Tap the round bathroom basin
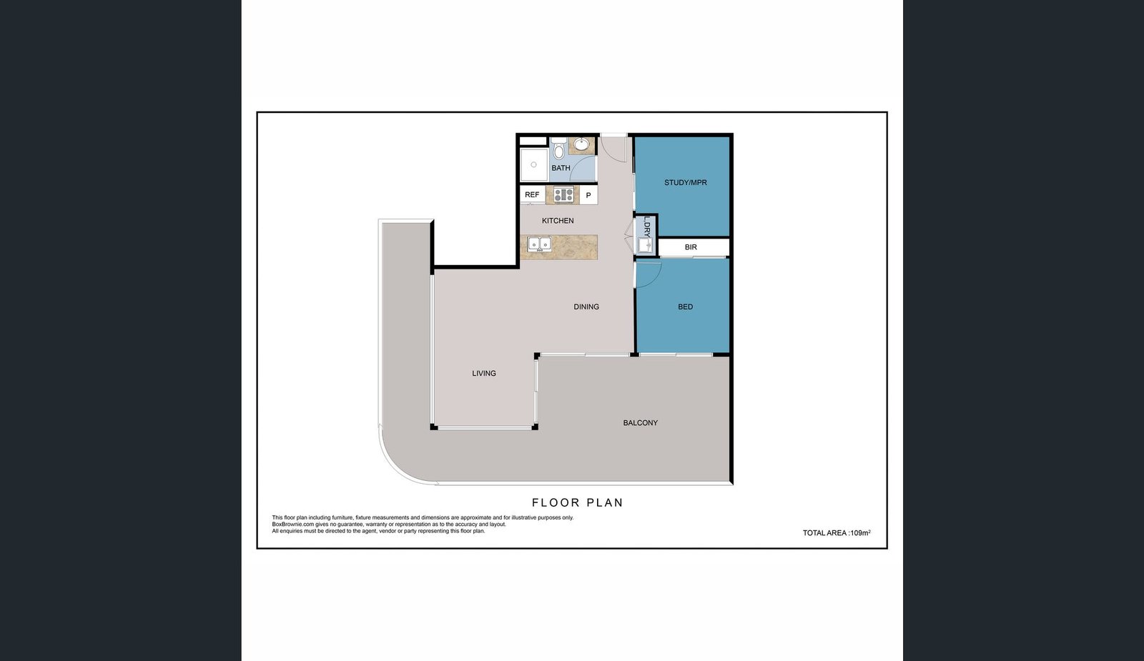click(581, 144)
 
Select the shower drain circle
click(533, 164)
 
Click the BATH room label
click(561, 168)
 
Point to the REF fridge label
click(532, 194)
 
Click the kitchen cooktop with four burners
click(563, 194)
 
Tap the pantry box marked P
click(588, 195)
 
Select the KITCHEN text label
click(558, 221)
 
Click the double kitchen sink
click(539, 244)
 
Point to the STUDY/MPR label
click(686, 182)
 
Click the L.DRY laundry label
click(647, 226)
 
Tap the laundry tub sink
click(646, 246)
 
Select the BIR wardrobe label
click(691, 247)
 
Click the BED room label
click(686, 307)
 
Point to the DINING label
click(586, 307)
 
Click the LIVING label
click(483, 373)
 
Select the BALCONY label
click(641, 422)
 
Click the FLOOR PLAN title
click(578, 503)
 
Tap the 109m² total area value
click(861, 532)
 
